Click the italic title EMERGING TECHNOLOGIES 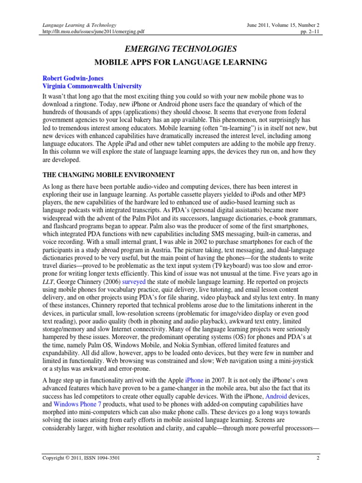click(x=181, y=49)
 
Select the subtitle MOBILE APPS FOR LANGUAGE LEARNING click(x=181, y=62)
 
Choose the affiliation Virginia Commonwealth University click(x=92, y=86)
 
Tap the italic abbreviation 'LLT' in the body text click(x=48, y=282)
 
